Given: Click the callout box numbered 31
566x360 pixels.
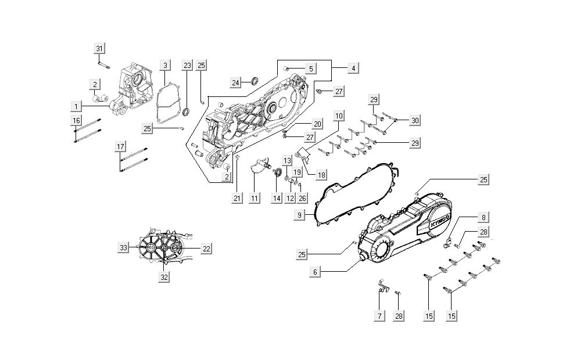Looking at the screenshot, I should tap(99, 48).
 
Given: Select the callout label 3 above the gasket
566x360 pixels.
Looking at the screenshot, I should tap(165, 65).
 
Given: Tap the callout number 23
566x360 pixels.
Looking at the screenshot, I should tap(187, 65).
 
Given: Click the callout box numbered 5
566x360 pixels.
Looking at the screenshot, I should tap(311, 69).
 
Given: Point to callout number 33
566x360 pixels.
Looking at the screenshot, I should tap(124, 248).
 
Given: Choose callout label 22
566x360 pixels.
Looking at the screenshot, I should tap(206, 249).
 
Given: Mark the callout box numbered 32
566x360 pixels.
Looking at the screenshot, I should tap(164, 278).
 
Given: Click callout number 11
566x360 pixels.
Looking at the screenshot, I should tap(255, 199).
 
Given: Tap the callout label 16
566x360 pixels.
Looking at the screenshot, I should tap(76, 120).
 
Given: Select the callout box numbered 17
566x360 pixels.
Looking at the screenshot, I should tap(120, 147).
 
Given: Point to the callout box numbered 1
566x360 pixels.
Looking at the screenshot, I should tap(76, 106).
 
